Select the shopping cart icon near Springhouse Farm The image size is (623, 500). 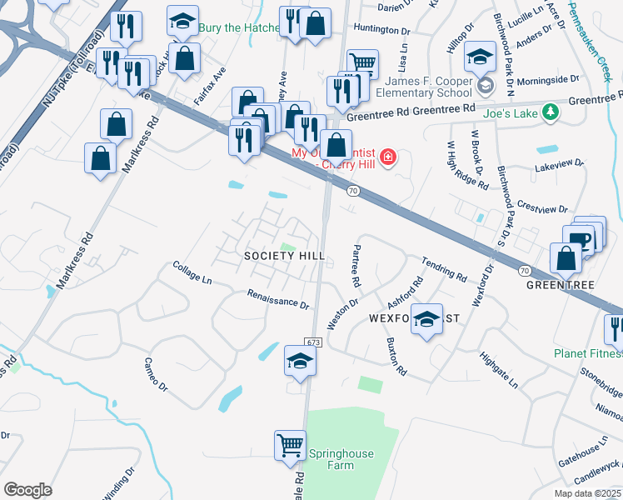(x=290, y=443)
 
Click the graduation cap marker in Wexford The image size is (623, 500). (x=427, y=321)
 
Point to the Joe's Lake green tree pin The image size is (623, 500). (x=550, y=112)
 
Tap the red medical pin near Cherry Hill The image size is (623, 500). (x=387, y=157)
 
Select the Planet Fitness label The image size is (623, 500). (x=588, y=353)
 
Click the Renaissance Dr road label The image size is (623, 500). (x=278, y=297)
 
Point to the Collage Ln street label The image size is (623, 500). (x=192, y=272)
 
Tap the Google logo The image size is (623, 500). (x=28, y=489)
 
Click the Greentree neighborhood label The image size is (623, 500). (x=560, y=284)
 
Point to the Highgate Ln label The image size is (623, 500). (x=499, y=371)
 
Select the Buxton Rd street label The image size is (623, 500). (x=396, y=356)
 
